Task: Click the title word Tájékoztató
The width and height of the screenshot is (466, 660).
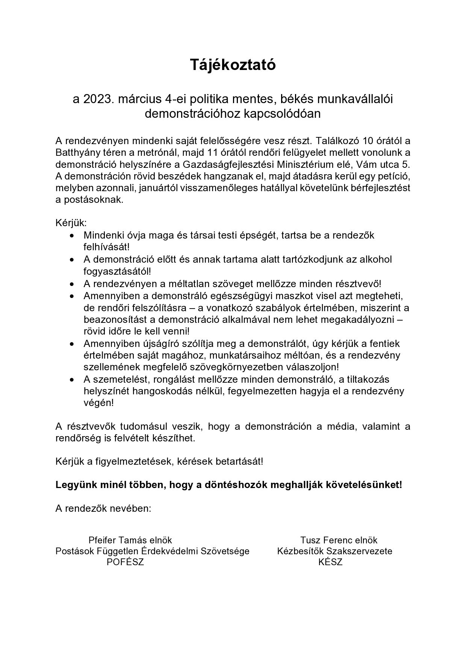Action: pyautogui.click(x=233, y=65)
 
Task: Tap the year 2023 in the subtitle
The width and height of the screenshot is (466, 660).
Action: pyautogui.click(x=98, y=99)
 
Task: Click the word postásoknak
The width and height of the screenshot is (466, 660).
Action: pyautogui.click(x=89, y=199)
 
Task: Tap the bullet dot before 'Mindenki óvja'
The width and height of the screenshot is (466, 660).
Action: pyautogui.click(x=73, y=236)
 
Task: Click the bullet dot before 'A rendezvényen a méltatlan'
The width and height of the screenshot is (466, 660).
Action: pyautogui.click(x=73, y=284)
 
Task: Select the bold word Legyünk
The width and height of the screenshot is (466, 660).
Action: pyautogui.click(x=76, y=485)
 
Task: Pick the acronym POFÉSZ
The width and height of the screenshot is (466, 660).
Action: pyautogui.click(x=125, y=562)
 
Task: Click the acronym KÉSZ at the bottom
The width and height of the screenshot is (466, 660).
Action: pyautogui.click(x=330, y=562)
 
